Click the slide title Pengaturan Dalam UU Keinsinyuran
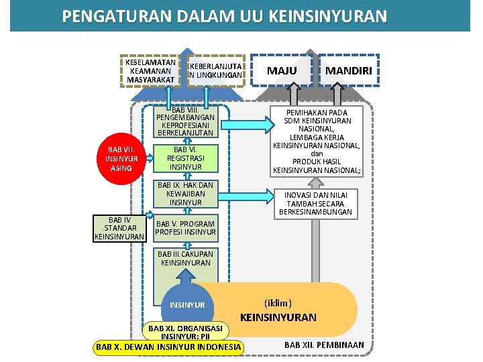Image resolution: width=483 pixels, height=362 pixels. [x=224, y=15]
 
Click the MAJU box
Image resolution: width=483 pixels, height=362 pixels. [x=282, y=71]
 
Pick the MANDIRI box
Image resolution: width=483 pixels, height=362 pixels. [x=349, y=71]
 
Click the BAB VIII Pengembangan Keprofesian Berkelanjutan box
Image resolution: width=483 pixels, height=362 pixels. [x=184, y=121]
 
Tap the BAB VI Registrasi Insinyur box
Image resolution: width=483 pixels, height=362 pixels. [x=185, y=158]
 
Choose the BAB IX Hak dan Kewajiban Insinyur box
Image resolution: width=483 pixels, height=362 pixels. [x=185, y=193]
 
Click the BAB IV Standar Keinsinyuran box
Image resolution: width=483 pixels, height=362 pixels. [x=119, y=228]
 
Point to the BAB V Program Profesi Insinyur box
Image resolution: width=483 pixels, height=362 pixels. [x=186, y=228]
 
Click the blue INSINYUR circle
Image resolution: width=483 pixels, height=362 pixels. [x=188, y=305]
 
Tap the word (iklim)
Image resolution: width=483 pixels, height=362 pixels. [x=278, y=302]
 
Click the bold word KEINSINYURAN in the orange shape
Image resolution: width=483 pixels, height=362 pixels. [x=278, y=317]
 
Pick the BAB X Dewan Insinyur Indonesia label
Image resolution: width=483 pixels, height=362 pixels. [x=168, y=347]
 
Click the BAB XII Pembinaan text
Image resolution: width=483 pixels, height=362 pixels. [x=324, y=345]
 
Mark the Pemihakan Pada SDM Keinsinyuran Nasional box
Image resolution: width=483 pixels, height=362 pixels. [x=317, y=141]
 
